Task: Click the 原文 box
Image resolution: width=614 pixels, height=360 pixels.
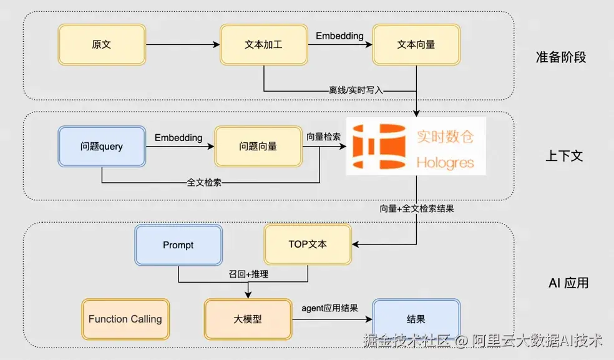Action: click(x=102, y=45)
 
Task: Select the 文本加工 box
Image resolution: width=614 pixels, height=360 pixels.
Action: click(x=264, y=45)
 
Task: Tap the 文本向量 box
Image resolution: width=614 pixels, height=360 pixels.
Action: click(x=416, y=45)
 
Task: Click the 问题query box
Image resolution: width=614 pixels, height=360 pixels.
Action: click(x=102, y=147)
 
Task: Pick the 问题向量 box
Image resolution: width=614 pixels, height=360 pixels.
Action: click(x=258, y=147)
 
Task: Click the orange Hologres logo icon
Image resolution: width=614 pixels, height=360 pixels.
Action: click(x=379, y=147)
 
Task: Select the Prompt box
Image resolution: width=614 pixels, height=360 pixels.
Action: click(x=178, y=245)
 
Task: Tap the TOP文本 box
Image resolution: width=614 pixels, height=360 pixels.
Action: click(x=308, y=245)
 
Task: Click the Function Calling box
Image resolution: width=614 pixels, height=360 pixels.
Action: click(x=125, y=319)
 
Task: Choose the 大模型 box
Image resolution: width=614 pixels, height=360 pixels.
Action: click(x=248, y=319)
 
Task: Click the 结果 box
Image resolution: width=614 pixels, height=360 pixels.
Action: click(x=416, y=319)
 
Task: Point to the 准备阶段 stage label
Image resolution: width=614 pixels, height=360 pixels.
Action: click(x=561, y=57)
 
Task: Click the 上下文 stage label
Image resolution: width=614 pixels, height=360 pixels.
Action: click(x=564, y=156)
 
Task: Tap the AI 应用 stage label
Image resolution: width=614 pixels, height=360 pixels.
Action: click(x=568, y=283)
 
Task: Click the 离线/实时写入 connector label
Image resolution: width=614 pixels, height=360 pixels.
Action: click(x=356, y=90)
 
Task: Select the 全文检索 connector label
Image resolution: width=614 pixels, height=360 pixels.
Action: click(x=204, y=183)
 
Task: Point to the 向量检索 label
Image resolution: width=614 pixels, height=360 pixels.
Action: click(x=323, y=137)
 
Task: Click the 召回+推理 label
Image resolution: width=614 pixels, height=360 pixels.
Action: click(x=248, y=274)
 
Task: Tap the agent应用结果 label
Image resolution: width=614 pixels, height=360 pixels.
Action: click(x=329, y=308)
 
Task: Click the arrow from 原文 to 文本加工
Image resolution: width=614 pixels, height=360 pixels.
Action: click(x=183, y=45)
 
